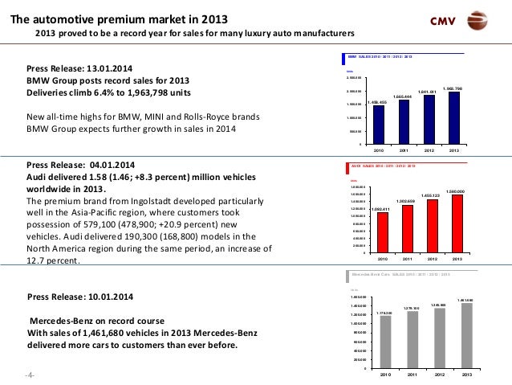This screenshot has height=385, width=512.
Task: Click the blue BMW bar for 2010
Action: pos(378,125)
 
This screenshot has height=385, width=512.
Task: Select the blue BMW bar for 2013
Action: pos(455,118)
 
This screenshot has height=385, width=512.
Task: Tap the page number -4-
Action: pos(30,375)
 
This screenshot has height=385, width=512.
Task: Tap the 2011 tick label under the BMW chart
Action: pos(404,149)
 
